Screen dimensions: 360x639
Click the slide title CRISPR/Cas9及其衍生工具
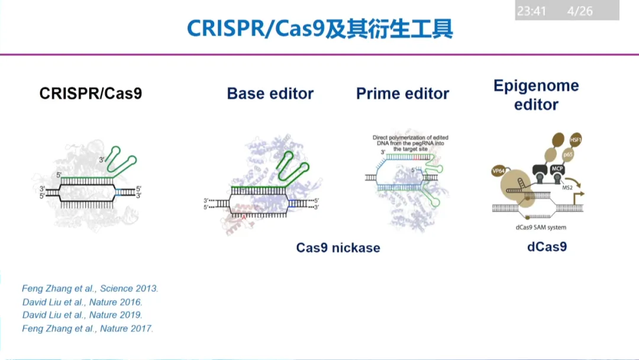coord(319,28)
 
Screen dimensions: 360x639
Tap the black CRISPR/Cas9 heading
coord(91,93)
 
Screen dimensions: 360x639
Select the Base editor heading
coord(270,93)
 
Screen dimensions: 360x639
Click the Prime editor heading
coord(402,93)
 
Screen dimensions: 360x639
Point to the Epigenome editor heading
coord(536,95)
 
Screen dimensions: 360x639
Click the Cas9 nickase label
coord(338,247)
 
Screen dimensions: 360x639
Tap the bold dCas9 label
coord(547,246)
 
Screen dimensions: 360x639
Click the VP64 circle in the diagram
coord(498,171)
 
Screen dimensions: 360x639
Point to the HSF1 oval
coord(574,139)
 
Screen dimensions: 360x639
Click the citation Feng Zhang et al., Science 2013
coord(90,288)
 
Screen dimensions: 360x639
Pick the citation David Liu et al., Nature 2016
coord(82,302)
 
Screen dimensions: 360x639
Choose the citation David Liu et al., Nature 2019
coord(82,315)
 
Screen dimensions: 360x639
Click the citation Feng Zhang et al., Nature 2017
coord(88,328)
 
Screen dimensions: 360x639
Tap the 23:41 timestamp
coord(531,11)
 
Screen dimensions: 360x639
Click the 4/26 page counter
coord(580,11)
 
